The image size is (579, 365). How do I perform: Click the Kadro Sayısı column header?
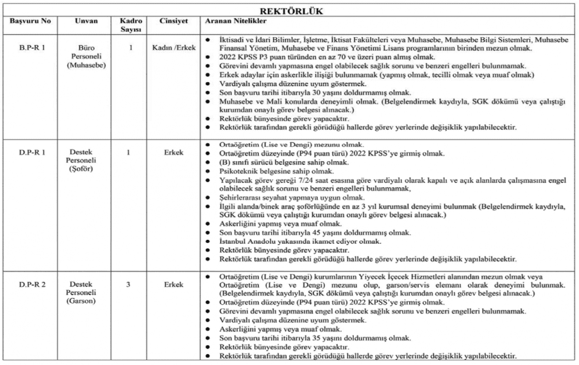click(131, 25)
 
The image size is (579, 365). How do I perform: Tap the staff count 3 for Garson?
click(131, 285)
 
